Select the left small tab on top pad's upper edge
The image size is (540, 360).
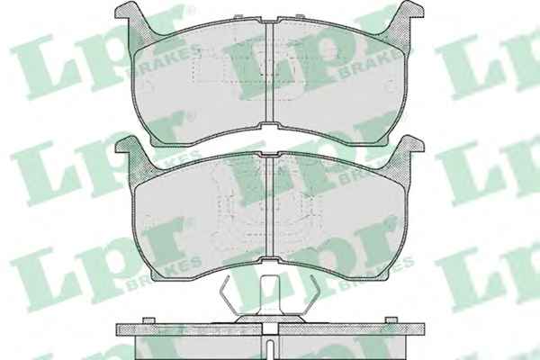click(238, 16)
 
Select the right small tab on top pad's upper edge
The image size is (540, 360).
click(300, 16)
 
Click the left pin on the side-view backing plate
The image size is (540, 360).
click(148, 320)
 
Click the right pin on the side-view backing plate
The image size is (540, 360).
click(391, 320)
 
